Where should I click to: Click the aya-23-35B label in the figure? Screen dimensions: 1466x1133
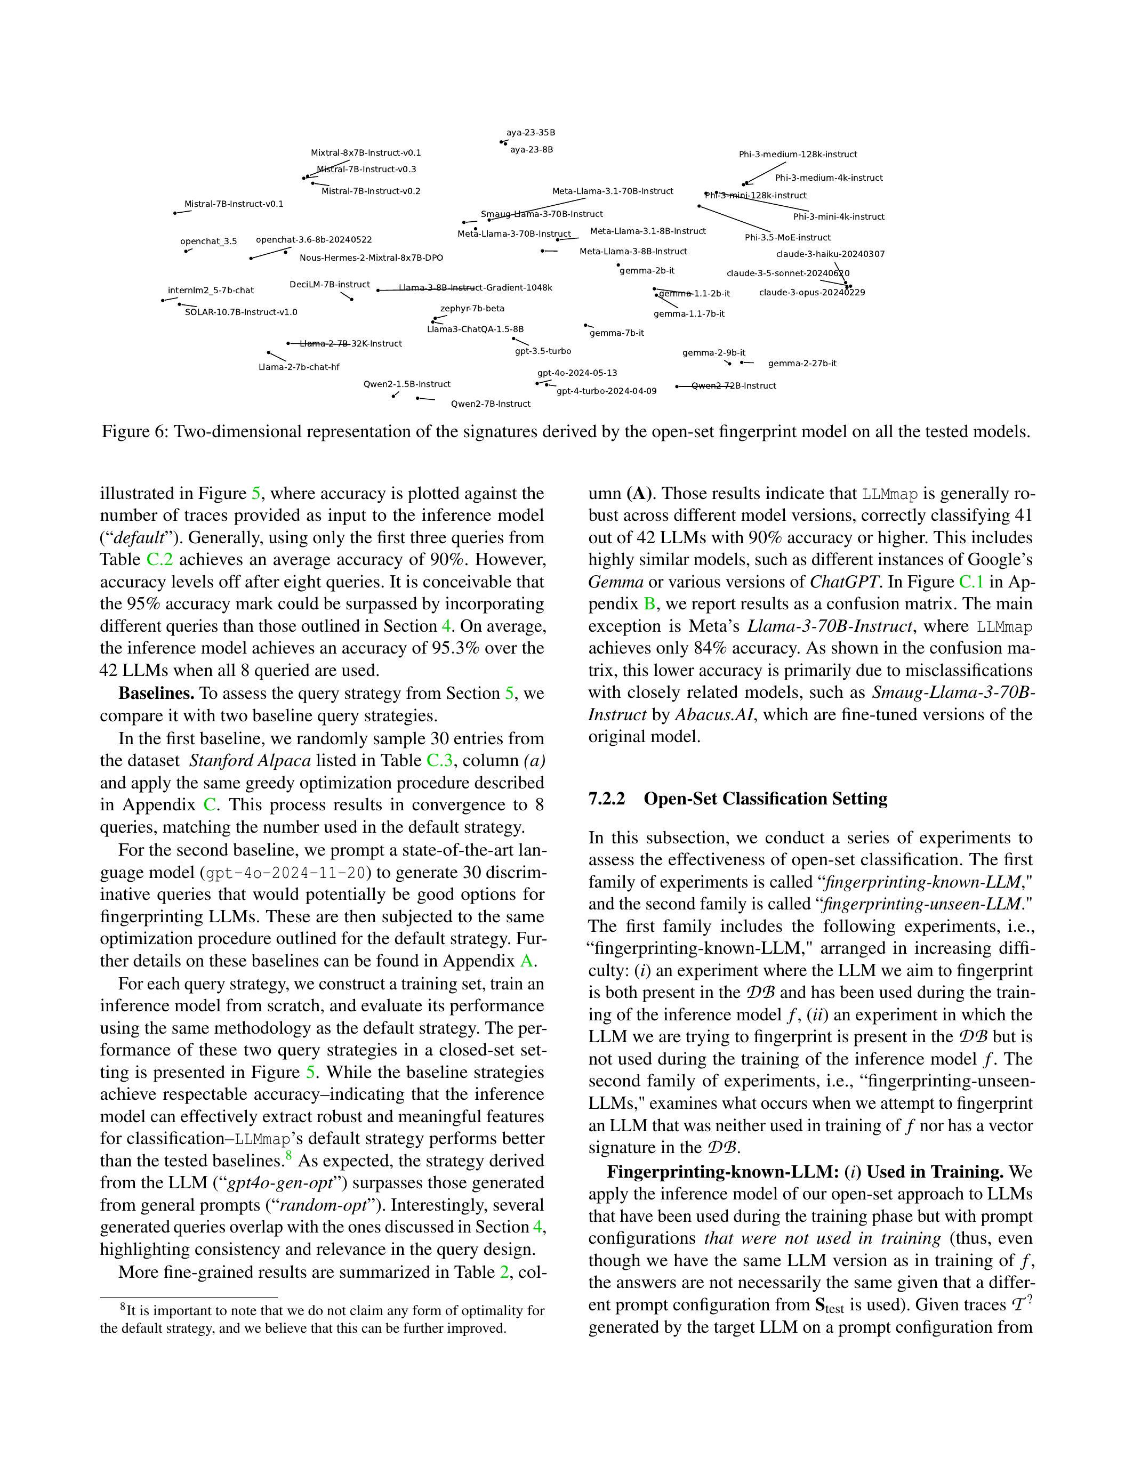tap(531, 133)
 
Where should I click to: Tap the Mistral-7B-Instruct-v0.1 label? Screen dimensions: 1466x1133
tap(234, 204)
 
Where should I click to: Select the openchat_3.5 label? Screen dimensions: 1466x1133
tap(208, 241)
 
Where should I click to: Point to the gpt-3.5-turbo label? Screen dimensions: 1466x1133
tap(543, 351)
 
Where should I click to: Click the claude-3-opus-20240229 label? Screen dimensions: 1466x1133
tap(811, 293)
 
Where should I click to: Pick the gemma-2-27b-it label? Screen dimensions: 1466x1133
tap(802, 364)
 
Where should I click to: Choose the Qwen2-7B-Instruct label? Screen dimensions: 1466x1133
tap(490, 404)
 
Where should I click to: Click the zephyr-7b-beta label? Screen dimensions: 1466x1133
tap(472, 309)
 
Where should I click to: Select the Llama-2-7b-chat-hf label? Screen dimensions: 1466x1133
tap(299, 367)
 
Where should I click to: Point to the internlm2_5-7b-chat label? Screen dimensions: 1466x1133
tap(211, 291)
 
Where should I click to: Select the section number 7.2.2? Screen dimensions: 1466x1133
tap(606, 799)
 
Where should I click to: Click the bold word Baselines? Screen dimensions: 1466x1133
tap(156, 694)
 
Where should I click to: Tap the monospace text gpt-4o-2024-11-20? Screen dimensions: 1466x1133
tap(288, 873)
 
